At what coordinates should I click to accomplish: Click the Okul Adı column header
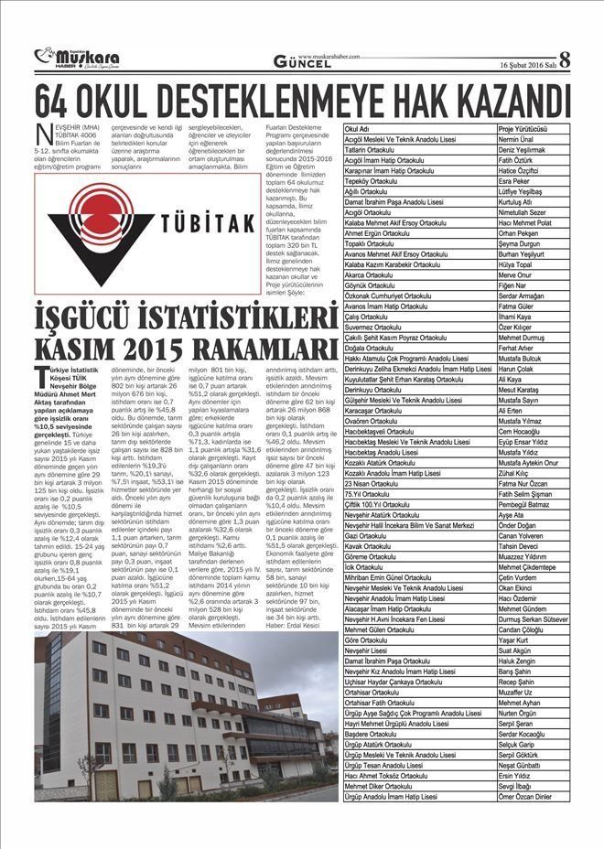[x=357, y=129]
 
